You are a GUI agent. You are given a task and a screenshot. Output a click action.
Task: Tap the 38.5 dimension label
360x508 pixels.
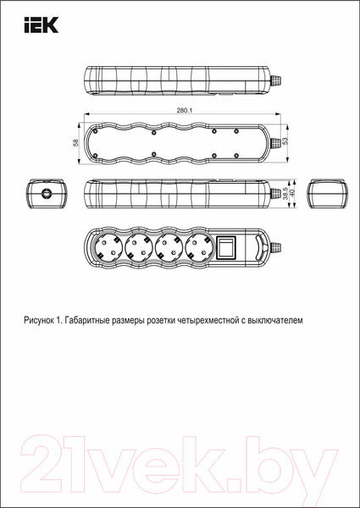tap(285, 194)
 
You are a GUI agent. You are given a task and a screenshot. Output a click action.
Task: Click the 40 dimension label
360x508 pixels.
tap(293, 194)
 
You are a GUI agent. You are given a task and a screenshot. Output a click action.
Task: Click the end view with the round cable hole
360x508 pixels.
tap(45, 194)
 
